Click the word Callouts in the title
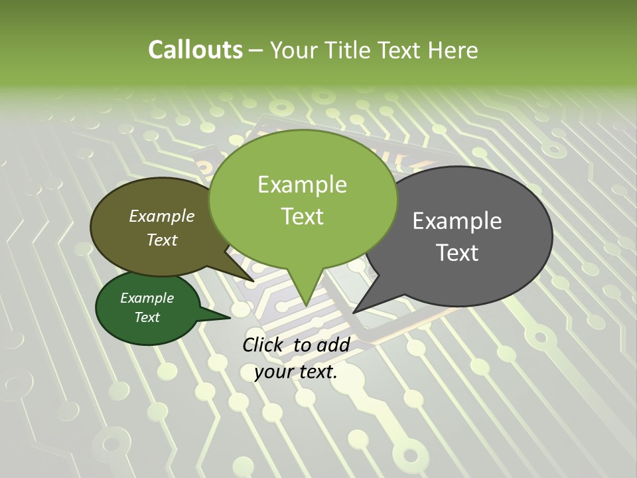[195, 50]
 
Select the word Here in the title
[453, 50]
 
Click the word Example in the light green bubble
[302, 185]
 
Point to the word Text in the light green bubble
[302, 216]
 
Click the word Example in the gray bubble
[457, 221]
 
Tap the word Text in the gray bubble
[457, 253]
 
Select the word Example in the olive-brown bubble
[162, 216]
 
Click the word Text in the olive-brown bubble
[162, 240]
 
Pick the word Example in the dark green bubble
[147, 298]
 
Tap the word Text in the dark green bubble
[147, 317]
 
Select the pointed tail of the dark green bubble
[228, 317]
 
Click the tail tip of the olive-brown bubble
[251, 279]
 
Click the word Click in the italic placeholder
[263, 345]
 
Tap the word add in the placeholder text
[333, 345]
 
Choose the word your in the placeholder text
[273, 372]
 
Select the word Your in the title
[292, 50]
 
